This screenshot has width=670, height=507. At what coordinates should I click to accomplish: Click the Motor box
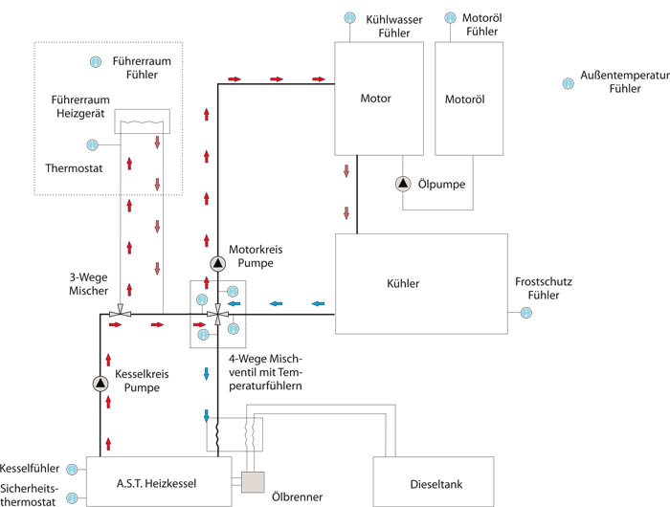pos(375,99)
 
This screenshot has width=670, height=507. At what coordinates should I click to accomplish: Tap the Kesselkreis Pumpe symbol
pos(101,384)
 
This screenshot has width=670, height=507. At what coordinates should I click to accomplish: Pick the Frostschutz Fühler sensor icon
pos(525,312)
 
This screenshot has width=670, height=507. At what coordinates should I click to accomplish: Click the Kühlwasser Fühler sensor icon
pos(350,17)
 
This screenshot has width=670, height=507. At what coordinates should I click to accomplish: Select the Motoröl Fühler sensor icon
pos(450,17)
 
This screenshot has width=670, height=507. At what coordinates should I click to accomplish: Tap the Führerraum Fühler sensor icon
pos(95,62)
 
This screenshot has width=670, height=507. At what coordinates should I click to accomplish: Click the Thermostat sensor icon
pos(93,145)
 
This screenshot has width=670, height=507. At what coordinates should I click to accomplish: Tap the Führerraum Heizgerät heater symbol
pos(142,122)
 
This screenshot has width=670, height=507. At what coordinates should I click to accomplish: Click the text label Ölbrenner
pos(298,497)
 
